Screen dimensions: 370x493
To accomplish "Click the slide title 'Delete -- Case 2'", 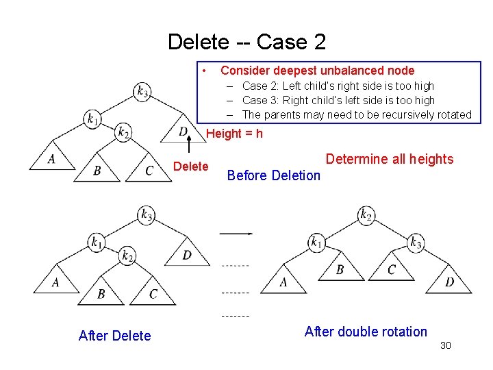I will click(246, 42).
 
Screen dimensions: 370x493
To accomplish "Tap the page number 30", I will click(446, 346).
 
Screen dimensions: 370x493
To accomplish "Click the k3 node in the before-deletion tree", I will click(142, 91).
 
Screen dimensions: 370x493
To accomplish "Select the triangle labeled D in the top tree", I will click(183, 132).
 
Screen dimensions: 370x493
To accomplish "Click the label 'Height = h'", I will click(234, 134).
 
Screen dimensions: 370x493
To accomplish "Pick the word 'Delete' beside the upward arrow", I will click(191, 166).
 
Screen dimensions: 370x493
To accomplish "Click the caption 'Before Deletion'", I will click(273, 175).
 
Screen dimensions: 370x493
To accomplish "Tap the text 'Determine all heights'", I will click(389, 159).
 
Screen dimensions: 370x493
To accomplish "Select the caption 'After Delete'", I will click(114, 335).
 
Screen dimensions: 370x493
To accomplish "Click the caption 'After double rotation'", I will click(365, 332).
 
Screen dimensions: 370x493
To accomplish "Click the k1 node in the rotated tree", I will click(316, 241).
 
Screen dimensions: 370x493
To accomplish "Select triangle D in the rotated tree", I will click(449, 281).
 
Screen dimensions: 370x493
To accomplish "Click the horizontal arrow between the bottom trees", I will click(236, 234).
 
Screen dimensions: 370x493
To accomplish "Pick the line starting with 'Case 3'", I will click(338, 100).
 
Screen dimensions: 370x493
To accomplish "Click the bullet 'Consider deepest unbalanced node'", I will click(317, 71).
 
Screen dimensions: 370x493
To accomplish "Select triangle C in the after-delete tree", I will click(153, 293).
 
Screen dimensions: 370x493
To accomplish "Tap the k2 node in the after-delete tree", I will click(127, 256).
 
